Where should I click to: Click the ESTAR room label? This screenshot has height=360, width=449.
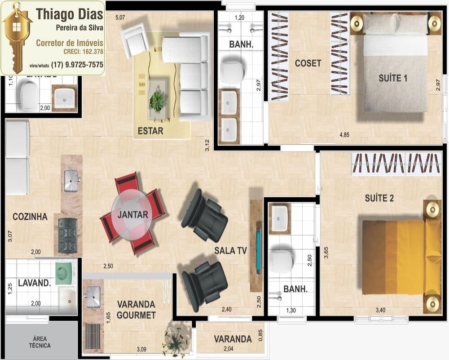[150, 131]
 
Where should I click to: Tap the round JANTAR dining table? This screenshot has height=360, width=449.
[133, 214]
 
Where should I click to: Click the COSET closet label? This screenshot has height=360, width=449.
[308, 63]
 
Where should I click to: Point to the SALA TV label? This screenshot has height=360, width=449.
[231, 250]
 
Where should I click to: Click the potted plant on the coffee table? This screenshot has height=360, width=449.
[157, 101]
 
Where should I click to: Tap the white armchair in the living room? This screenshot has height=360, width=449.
[136, 39]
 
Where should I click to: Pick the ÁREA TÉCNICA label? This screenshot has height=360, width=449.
[41, 342]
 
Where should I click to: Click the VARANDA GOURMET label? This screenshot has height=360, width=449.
[136, 310]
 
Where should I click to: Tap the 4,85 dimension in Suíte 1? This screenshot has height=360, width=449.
[344, 134]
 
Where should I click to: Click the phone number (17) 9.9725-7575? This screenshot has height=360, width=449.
[78, 65]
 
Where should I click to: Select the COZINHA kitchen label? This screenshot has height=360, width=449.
[30, 217]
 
